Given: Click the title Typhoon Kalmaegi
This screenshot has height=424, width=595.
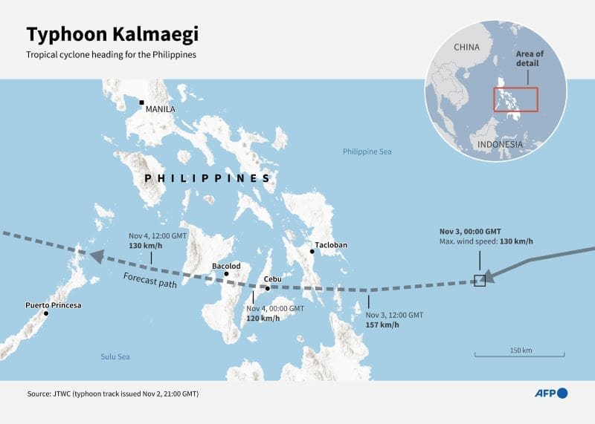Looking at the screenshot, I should (x=113, y=35).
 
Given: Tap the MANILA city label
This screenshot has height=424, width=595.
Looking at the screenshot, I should (x=161, y=109).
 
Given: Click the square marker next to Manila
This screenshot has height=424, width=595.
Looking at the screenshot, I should (x=141, y=102).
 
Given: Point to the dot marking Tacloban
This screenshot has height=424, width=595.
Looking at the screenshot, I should (x=312, y=252).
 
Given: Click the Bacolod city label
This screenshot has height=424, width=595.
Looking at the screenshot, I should (x=226, y=265).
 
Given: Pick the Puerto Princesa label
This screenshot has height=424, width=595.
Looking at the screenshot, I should (x=53, y=305).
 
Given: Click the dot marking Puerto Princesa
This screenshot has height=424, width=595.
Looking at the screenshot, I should (x=46, y=313).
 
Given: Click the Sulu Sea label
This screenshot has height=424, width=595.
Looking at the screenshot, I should (x=115, y=357).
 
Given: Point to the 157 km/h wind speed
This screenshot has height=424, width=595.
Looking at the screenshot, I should (x=382, y=324).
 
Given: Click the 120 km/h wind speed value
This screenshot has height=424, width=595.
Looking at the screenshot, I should (x=263, y=319).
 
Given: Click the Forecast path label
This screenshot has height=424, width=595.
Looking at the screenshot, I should (x=149, y=281).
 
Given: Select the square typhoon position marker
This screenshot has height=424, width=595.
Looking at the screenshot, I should (x=480, y=280).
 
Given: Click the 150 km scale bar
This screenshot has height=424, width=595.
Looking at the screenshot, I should (x=521, y=356).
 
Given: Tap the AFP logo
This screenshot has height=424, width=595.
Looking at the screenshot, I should (x=551, y=393).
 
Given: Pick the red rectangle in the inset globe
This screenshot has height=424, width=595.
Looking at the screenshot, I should (x=516, y=100).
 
